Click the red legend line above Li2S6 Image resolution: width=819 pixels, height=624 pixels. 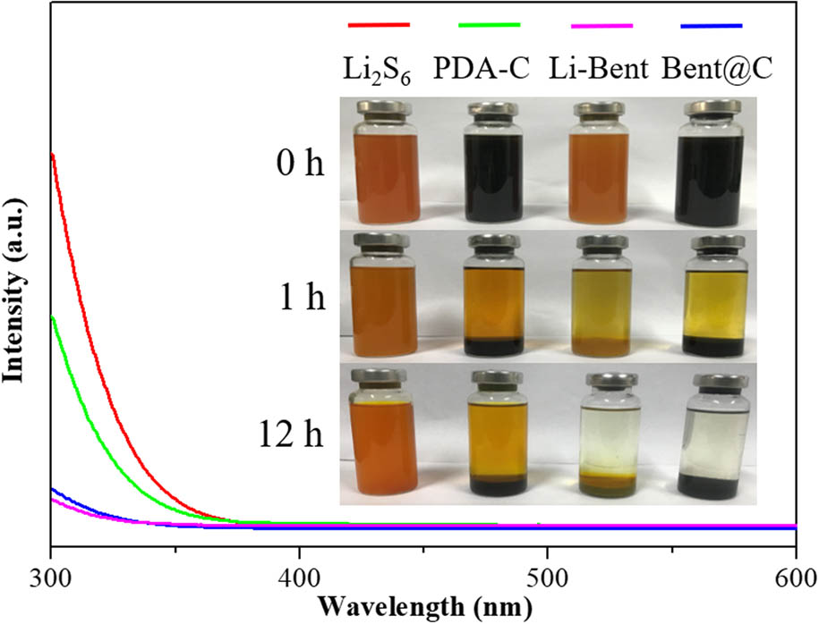click(x=379, y=25)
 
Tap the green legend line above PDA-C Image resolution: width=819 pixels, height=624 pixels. click(x=490, y=25)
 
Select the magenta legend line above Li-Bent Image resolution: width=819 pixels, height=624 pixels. click(x=601, y=25)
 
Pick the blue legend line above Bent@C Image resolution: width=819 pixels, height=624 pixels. click(x=712, y=25)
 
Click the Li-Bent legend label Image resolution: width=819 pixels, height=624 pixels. click(x=598, y=68)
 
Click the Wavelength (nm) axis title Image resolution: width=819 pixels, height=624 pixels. click(x=423, y=606)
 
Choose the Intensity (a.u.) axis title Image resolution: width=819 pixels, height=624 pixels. click(x=14, y=279)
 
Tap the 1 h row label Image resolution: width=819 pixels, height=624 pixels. click(x=302, y=298)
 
